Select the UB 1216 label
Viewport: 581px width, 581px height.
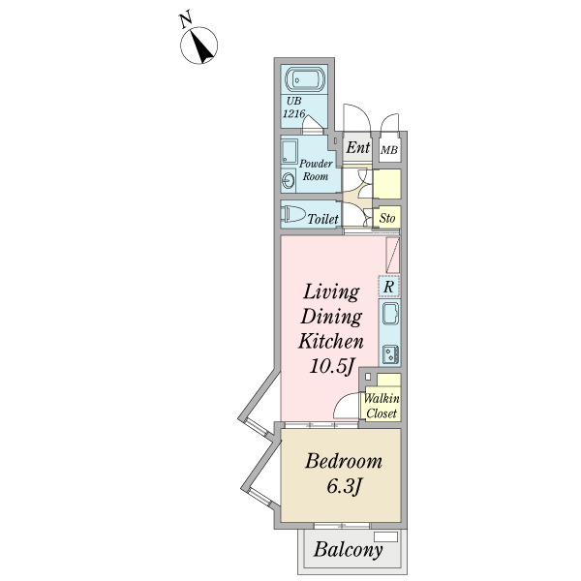294,107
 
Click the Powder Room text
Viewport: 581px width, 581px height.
316,169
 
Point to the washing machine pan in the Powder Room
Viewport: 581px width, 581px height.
290,151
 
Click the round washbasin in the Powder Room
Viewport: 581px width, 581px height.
288,181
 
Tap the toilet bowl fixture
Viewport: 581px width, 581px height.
291,214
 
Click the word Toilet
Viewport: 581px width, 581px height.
322,220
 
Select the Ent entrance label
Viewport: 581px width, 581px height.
357,148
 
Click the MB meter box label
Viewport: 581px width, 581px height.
389,150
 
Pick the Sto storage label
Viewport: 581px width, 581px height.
387,218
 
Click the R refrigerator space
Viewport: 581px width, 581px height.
388,287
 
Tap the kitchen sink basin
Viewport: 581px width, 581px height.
389,315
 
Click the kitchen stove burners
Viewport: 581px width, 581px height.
389,352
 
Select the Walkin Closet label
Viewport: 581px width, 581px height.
382,406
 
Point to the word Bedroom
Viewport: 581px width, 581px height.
343,462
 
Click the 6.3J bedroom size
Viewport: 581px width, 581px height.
343,487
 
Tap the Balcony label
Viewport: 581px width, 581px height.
349,551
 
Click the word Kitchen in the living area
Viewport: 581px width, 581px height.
329,341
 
